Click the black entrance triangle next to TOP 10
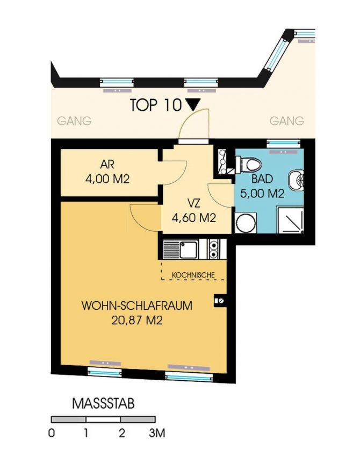point(193,105)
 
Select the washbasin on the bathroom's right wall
point(296,182)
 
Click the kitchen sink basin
point(189,249)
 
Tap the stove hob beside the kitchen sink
point(214,249)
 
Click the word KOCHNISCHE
point(193,275)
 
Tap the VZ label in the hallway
point(194,205)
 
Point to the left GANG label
point(74,122)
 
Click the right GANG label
point(286,122)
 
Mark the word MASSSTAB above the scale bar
point(103,403)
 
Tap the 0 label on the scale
point(51,434)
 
